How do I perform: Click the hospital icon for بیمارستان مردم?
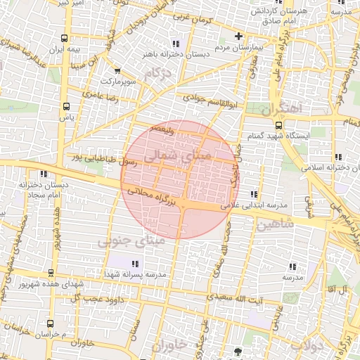pos(238,36)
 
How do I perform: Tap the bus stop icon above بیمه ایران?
pos(65,39)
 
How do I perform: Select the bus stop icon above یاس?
pos(67,107)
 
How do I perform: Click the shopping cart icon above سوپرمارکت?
pos(117,70)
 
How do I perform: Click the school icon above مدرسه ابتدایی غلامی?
pos(253,194)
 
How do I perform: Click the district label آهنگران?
pos(280,109)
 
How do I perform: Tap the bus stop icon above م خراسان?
pos(49,323)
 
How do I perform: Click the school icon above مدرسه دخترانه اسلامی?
pos(338,157)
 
